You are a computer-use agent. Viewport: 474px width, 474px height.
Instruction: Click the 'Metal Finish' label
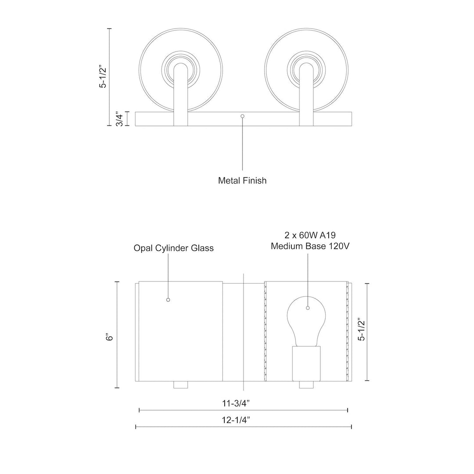point(242,180)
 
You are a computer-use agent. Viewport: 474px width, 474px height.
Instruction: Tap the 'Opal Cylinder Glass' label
point(173,248)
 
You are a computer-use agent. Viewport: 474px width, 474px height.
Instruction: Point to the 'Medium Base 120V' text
point(310,246)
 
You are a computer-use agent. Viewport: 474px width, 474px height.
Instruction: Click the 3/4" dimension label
point(118,118)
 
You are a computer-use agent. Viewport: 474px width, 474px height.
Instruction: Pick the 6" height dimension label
point(109,336)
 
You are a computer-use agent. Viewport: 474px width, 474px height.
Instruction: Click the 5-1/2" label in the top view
point(103,76)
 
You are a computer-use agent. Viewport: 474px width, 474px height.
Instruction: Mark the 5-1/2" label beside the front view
point(361,329)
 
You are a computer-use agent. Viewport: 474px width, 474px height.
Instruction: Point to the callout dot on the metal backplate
point(243,116)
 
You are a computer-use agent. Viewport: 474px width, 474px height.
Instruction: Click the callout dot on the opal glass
point(168,300)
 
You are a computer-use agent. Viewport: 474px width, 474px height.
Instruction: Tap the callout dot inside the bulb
point(308,308)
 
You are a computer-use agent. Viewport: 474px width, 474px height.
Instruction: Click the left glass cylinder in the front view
point(180,331)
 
